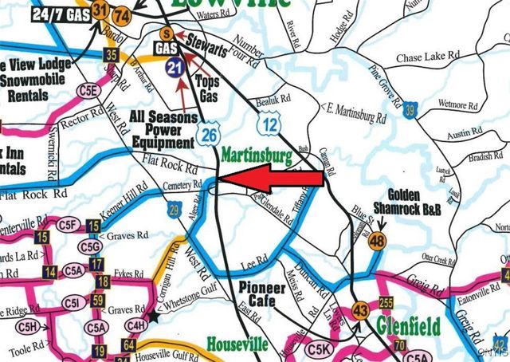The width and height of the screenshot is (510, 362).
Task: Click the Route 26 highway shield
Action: click(210, 132)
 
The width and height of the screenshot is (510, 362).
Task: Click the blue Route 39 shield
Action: click(410, 109)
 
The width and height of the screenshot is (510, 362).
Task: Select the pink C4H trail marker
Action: click(135, 325)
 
